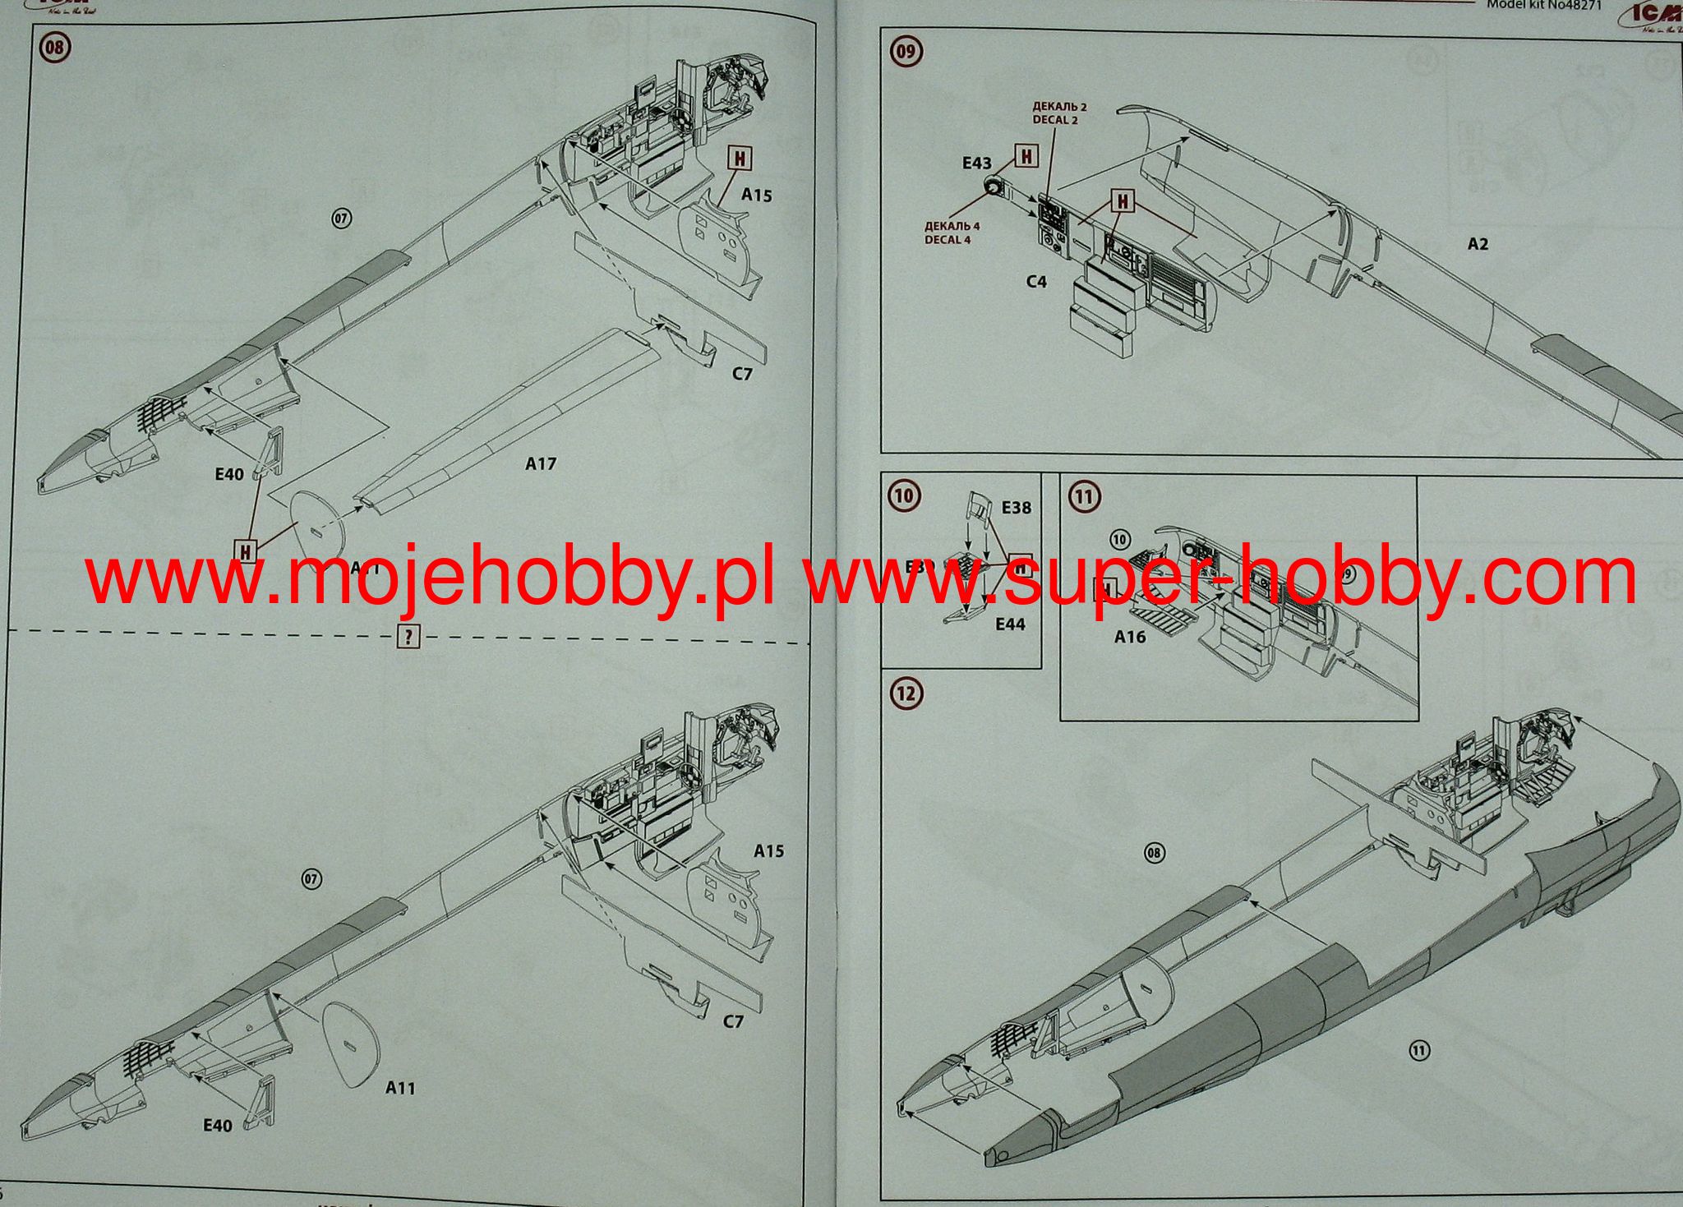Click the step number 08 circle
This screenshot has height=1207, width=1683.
[x=55, y=48]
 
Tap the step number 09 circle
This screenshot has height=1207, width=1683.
[x=906, y=53]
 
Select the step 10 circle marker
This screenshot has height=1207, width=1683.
[x=904, y=495]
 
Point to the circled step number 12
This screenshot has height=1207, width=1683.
[x=906, y=693]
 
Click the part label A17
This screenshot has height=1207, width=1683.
[x=540, y=464]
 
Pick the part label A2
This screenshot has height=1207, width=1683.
[x=1477, y=244]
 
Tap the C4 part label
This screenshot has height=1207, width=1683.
[x=1036, y=282]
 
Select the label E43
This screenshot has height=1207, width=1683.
[x=976, y=164]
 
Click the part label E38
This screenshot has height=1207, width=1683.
[x=1016, y=508]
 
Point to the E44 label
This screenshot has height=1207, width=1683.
[x=1010, y=624]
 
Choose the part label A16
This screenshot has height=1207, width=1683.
[x=1130, y=637]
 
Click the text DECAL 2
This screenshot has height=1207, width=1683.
[x=1055, y=120]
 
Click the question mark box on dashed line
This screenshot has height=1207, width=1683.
[x=408, y=635]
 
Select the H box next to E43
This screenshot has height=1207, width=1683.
[x=1027, y=155]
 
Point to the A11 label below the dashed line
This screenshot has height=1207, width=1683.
[x=400, y=1088]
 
